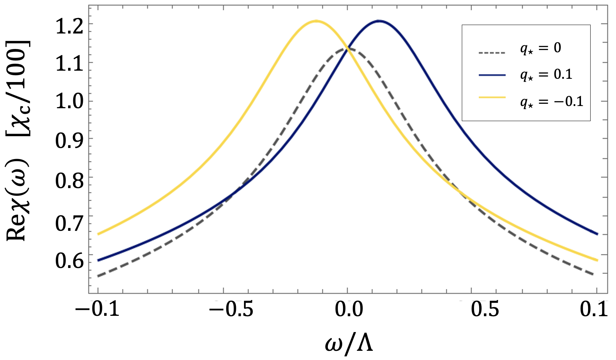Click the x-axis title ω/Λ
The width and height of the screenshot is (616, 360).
pos(349,344)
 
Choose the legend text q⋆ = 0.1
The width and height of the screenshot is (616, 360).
pos(546,75)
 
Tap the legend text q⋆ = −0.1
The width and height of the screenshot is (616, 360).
pos(552,101)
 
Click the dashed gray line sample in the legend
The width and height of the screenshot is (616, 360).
pos(492,52)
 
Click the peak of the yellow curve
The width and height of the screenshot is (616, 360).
pos(316,21)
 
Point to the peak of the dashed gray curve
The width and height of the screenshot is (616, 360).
pos(347,48)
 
